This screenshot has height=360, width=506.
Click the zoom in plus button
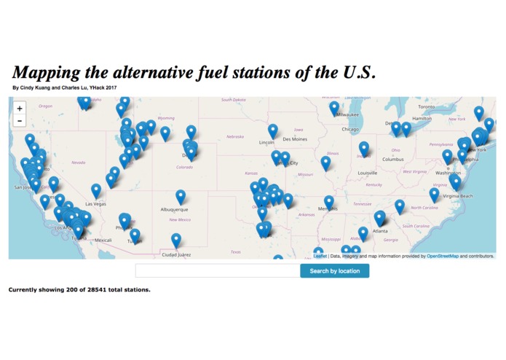[x=20, y=109]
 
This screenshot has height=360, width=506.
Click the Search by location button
[x=334, y=271]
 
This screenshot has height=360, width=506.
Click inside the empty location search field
[x=217, y=271]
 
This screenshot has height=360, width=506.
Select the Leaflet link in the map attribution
[x=320, y=257]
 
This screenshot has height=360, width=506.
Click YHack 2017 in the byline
[x=103, y=88]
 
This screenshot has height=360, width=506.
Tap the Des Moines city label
[x=295, y=138]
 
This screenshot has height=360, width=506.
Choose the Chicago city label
[x=350, y=130]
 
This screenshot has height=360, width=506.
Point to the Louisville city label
[x=368, y=173]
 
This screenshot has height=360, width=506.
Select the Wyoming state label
[x=166, y=118]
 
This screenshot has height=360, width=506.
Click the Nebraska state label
[x=234, y=136]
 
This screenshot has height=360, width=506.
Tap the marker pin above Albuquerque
[x=181, y=196]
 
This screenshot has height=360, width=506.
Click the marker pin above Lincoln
[x=272, y=130]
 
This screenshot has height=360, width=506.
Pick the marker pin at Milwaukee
[x=334, y=107]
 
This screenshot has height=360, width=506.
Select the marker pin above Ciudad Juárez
[x=176, y=240]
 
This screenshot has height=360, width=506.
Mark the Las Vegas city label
[x=95, y=204]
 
